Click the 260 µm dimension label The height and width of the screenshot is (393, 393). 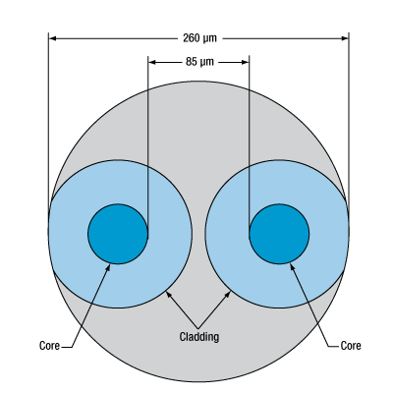199,38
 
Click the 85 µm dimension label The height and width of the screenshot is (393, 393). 199,62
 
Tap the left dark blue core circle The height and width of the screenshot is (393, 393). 118,234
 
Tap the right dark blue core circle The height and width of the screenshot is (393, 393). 279,234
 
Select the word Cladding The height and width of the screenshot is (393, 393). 199,337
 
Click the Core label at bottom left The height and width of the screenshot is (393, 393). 49,346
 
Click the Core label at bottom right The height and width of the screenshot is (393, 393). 351,346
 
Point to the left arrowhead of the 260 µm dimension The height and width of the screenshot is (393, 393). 52,38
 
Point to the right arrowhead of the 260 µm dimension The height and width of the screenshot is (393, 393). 345,38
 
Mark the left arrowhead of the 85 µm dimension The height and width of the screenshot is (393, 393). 152,62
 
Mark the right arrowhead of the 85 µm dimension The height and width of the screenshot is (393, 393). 246,62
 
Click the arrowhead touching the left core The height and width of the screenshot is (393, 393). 108,267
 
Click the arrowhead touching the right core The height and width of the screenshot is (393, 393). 293,266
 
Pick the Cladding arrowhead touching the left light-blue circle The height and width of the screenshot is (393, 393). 169,294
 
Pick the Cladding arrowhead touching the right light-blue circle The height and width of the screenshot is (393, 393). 227,294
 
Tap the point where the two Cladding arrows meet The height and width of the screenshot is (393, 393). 197,327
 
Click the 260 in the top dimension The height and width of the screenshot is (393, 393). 191,38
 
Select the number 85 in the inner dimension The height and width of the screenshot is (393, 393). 192,62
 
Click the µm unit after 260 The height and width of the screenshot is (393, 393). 209,39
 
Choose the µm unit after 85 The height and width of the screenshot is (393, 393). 207,63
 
